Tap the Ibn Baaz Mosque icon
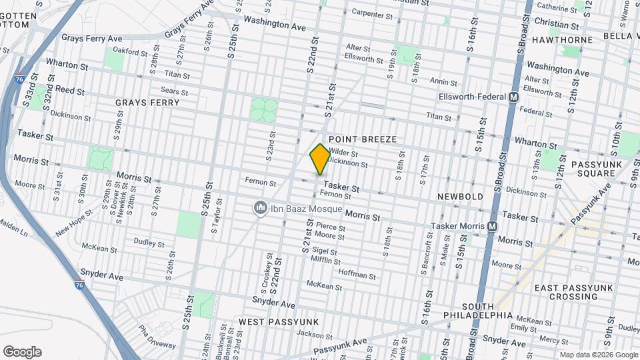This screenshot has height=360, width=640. pos(260,209)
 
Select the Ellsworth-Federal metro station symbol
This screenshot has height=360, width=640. pos(513,97)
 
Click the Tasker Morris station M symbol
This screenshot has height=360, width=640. pos(492,226)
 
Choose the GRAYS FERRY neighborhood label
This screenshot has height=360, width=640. pos(147,103)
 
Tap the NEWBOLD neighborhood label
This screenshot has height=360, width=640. pos(459,197)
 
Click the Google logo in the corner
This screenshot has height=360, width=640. pos(21,352)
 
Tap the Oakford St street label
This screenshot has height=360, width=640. pos(130,51)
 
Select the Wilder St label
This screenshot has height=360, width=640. pos(343,153)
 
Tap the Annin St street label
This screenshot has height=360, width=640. pos(443,82)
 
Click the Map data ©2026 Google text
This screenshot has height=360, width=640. pos(599,355)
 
